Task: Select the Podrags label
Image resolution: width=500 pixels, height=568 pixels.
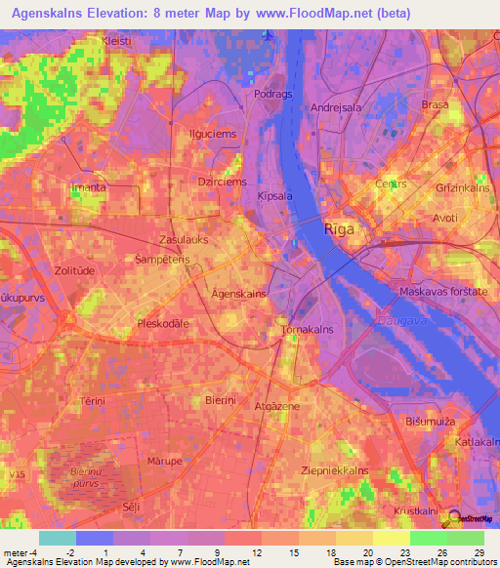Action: click(273, 96)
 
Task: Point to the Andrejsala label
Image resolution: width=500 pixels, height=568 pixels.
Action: click(338, 108)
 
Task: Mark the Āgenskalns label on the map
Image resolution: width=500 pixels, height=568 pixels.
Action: click(211, 294)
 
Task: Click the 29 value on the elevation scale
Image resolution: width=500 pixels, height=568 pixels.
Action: click(477, 553)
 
